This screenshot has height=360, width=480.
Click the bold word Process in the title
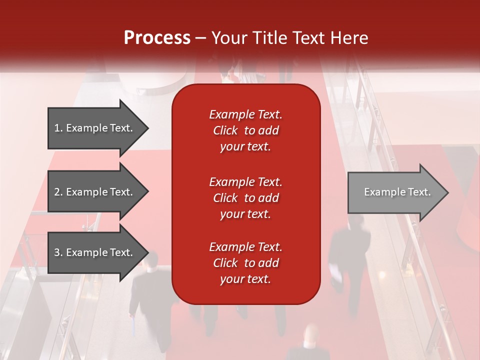[157, 38]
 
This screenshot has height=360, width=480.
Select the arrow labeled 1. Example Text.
[95, 128]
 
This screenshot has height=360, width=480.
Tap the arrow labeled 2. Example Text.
[95, 192]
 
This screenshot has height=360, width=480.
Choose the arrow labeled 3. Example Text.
[95, 252]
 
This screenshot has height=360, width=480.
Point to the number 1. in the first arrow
[58, 128]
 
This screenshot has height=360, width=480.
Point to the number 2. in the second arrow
[58, 192]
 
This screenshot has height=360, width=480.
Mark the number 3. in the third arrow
[58, 252]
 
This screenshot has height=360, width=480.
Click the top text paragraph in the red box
[245, 130]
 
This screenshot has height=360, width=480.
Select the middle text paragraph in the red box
[245, 198]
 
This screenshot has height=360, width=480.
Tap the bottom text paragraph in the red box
[245, 263]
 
